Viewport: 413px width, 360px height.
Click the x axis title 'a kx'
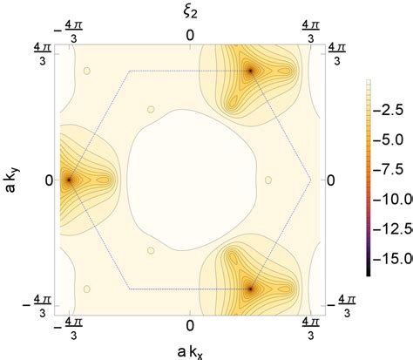click(x=191, y=350)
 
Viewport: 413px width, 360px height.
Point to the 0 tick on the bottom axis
click(x=191, y=324)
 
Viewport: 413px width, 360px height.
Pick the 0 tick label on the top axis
click(x=191, y=35)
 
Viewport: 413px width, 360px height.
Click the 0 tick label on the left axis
click(x=49, y=180)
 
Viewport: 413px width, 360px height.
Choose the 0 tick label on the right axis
click(x=332, y=180)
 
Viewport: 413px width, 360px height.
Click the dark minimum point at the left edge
click(x=69, y=180)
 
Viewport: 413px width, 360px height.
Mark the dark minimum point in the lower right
click(x=251, y=287)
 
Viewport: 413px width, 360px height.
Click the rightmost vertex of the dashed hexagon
click(x=311, y=180)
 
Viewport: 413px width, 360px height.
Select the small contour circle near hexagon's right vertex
click(x=268, y=180)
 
